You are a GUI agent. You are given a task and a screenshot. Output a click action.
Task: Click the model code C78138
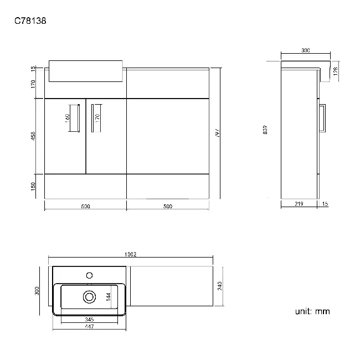pyautogui.click(x=30, y=22)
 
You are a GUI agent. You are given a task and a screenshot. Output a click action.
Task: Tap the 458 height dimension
pyautogui.click(x=33, y=135)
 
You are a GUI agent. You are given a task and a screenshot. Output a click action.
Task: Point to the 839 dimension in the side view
pyautogui.click(x=265, y=130)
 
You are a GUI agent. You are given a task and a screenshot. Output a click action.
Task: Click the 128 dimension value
pyautogui.click(x=336, y=71)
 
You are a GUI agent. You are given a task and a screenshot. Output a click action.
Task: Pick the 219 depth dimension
pyautogui.click(x=299, y=205)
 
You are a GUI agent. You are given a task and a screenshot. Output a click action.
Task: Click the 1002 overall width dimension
pyautogui.click(x=131, y=255)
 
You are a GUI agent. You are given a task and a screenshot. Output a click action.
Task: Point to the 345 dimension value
pyautogui.click(x=89, y=320)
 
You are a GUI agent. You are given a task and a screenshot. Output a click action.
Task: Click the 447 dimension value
pyautogui.click(x=89, y=327)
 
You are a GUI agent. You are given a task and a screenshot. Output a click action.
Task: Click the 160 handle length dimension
pyautogui.click(x=67, y=117)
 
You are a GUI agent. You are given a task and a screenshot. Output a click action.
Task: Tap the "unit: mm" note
pyautogui.click(x=312, y=311)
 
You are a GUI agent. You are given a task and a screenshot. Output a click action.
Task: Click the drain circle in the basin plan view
pyautogui.click(x=89, y=297)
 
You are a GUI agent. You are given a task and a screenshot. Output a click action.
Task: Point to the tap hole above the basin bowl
pyautogui.click(x=89, y=274)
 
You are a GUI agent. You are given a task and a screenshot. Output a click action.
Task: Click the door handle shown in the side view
pyautogui.click(x=323, y=119)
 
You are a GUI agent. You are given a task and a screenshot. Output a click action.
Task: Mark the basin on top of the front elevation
pyautogui.click(x=86, y=70)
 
